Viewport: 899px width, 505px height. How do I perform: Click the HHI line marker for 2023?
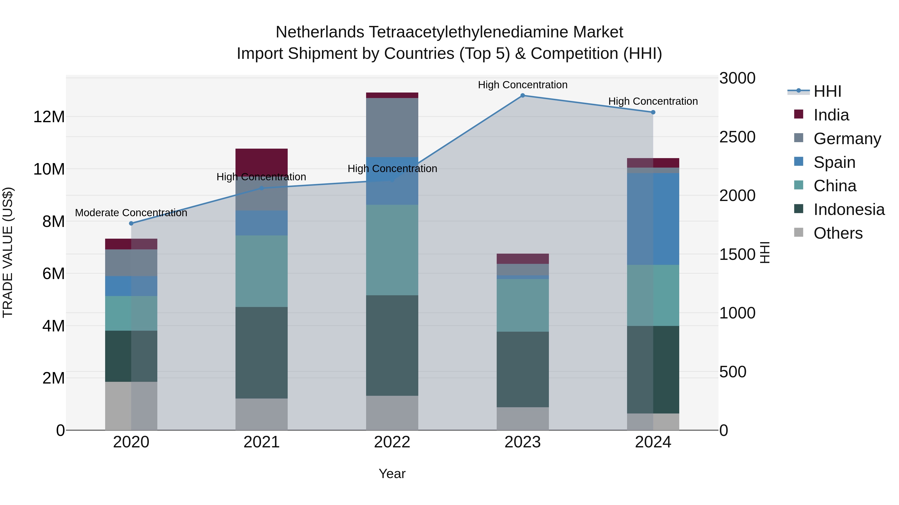coord(522,96)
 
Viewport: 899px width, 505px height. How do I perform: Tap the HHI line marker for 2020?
coord(131,223)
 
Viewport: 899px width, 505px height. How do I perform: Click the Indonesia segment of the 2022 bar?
coord(392,345)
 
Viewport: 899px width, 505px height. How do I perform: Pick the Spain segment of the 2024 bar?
coord(653,219)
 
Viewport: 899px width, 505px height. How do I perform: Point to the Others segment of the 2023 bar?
coord(522,418)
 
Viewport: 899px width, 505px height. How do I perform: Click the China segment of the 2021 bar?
coord(261,271)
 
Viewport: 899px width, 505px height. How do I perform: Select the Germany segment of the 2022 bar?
coord(392,127)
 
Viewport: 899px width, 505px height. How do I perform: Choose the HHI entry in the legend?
coord(827,91)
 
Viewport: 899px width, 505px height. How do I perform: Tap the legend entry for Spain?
coord(834,162)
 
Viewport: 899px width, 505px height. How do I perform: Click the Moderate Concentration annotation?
coord(131,212)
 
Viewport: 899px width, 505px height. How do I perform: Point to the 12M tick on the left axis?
coord(49,117)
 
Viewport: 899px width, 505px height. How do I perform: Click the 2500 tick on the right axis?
coord(737,137)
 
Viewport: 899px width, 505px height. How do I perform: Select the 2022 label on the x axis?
coord(392,442)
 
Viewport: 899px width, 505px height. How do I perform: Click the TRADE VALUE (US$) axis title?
coord(8,252)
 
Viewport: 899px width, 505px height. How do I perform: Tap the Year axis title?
coord(392,474)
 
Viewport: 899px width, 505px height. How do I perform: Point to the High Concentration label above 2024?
coord(653,101)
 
